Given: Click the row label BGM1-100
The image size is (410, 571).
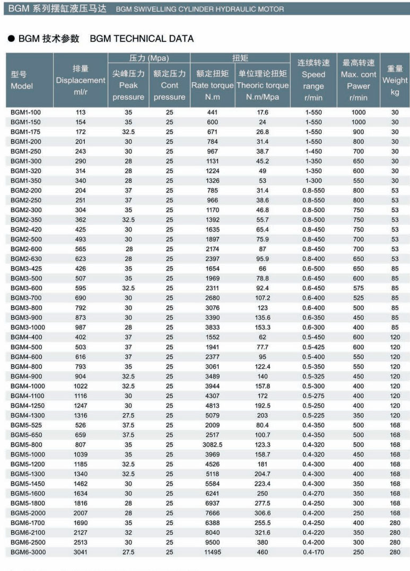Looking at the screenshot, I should pyautogui.click(x=26, y=112).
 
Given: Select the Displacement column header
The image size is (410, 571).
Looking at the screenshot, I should pyautogui.click(x=81, y=80).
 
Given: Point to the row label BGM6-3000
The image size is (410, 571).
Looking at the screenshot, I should pyautogui.click(x=28, y=552).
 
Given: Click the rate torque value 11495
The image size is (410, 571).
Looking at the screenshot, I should pyautogui.click(x=212, y=552).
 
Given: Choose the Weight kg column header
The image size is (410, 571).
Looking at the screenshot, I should pyautogui.click(x=395, y=80).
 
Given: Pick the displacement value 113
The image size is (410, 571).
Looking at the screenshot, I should pyautogui.click(x=81, y=112).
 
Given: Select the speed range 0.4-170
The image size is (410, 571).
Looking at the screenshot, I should pyautogui.click(x=313, y=552).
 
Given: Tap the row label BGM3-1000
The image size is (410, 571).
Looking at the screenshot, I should pyautogui.click(x=28, y=327).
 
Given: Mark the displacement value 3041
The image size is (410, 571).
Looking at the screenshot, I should pyautogui.click(x=81, y=552).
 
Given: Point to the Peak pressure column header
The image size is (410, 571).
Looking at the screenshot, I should pyautogui.click(x=128, y=85).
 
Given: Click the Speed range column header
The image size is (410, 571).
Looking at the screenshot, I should pyautogui.click(x=313, y=80).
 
